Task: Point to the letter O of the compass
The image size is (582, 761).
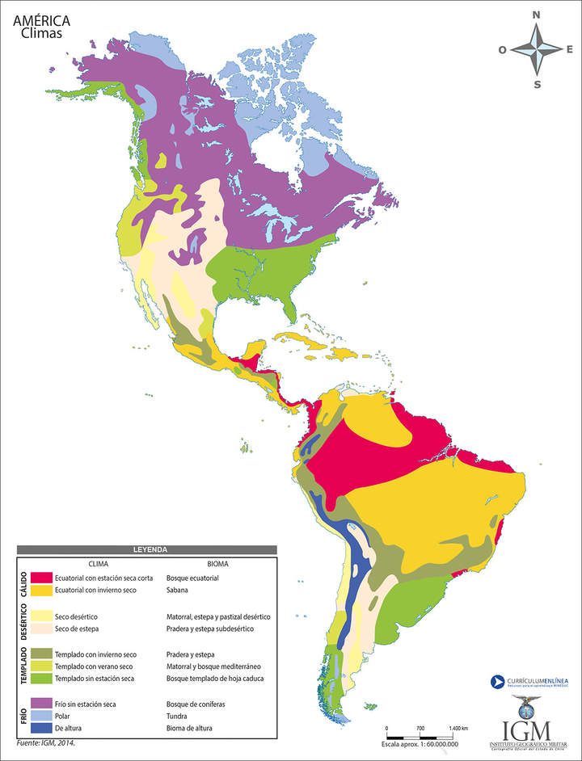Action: coord(502,50)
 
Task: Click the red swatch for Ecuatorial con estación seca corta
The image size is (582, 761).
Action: coord(42,578)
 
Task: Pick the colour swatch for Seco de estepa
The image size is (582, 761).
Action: coord(42,629)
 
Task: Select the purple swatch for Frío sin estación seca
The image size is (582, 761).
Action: coord(42,704)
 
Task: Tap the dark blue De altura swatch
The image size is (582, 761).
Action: coord(42,728)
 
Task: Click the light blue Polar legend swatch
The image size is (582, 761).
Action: coord(42,716)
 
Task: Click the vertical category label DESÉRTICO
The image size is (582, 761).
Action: coord(23,622)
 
